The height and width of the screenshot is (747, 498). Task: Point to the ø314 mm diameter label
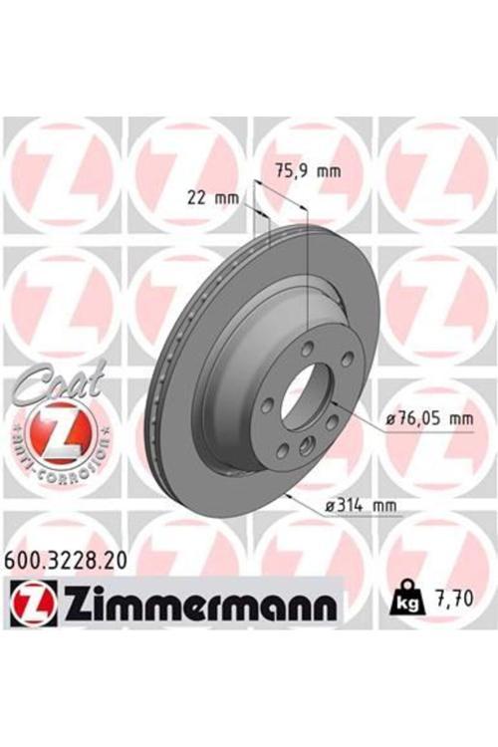click(361, 506)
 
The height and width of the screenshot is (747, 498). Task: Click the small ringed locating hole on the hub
click(305, 444)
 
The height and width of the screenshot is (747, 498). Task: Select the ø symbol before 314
click(330, 506)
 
